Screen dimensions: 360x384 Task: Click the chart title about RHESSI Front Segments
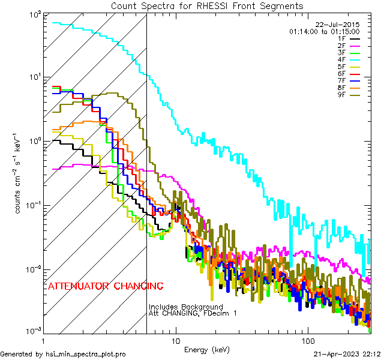click(207, 5)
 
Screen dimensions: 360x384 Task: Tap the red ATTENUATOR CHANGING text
click(105, 286)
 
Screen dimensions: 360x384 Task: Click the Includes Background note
click(186, 307)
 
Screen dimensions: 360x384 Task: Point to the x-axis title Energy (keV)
click(208, 349)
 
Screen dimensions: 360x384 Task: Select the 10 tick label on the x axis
click(176, 339)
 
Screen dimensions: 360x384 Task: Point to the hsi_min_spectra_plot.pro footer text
click(63, 354)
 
